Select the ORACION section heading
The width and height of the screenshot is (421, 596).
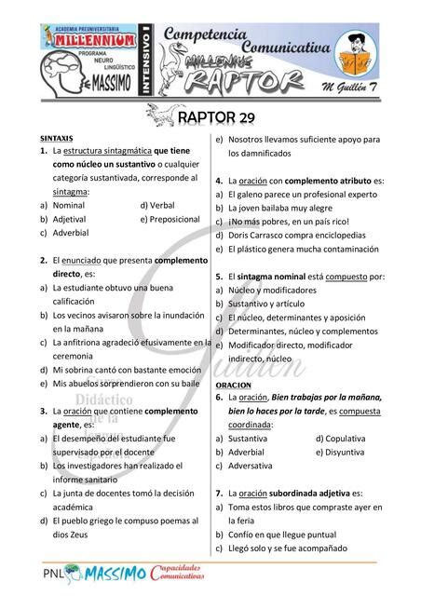point(233,385)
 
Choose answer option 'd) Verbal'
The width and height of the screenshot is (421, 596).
point(157,204)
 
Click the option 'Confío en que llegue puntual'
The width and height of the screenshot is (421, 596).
point(290,535)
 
